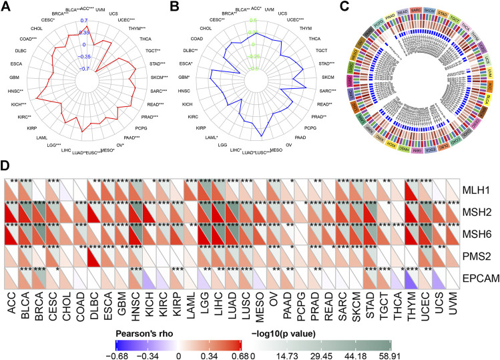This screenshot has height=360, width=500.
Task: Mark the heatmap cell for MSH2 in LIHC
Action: [x=216, y=212]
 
